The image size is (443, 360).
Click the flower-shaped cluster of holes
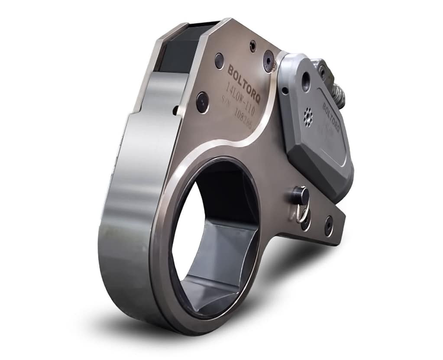point(308,117)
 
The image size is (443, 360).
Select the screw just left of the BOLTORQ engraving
point(220,61)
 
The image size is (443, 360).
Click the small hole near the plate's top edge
point(253,43)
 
